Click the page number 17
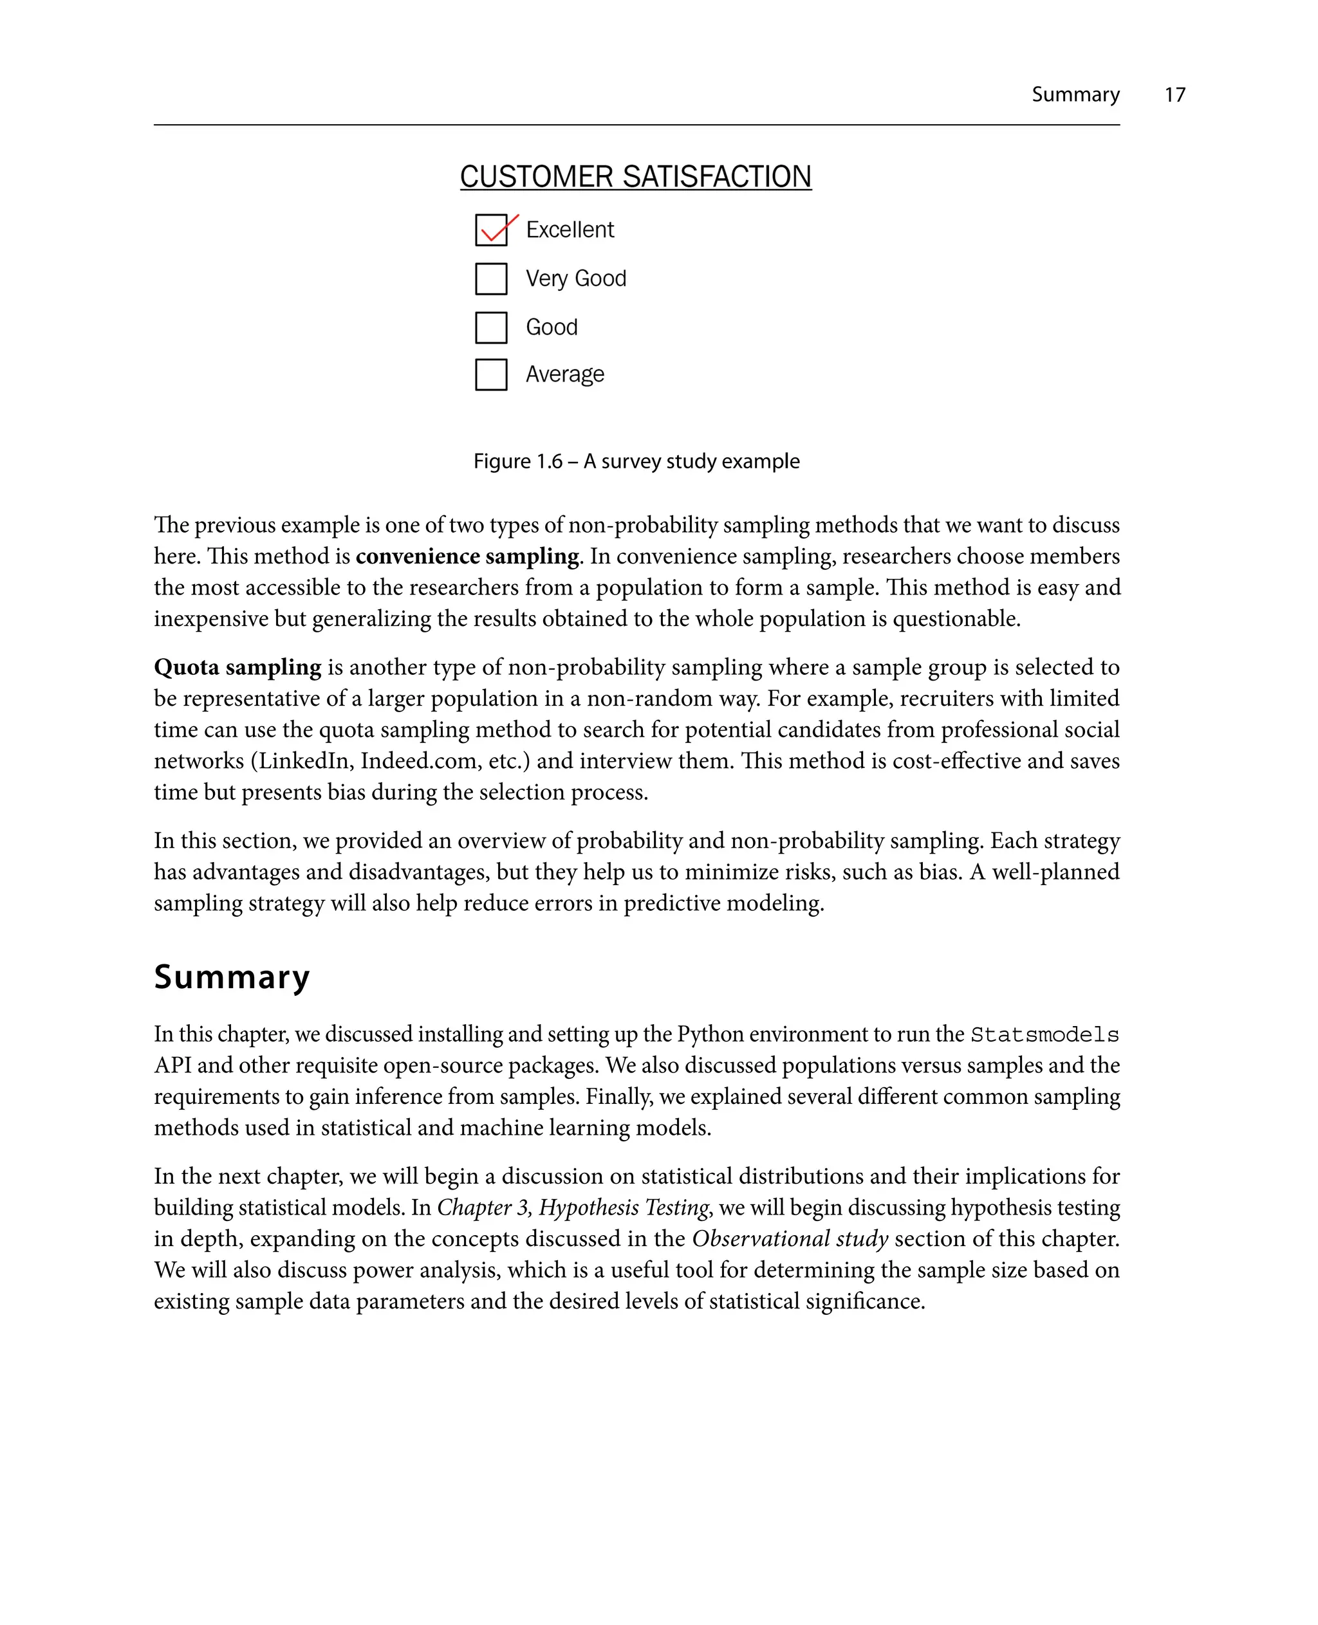(1174, 95)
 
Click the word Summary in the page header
(1074, 95)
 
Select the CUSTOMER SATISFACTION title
(635, 177)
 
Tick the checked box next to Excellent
(491, 230)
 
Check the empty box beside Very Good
(491, 279)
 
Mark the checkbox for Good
(491, 327)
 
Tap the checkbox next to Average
(491, 374)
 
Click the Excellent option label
(570, 230)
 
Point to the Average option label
(565, 374)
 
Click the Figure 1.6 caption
(636, 461)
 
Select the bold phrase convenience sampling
(467, 556)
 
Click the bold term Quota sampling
(237, 667)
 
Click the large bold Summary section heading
(232, 976)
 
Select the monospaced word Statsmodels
(1044, 1034)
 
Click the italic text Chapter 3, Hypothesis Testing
(573, 1207)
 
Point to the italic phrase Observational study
(790, 1238)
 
